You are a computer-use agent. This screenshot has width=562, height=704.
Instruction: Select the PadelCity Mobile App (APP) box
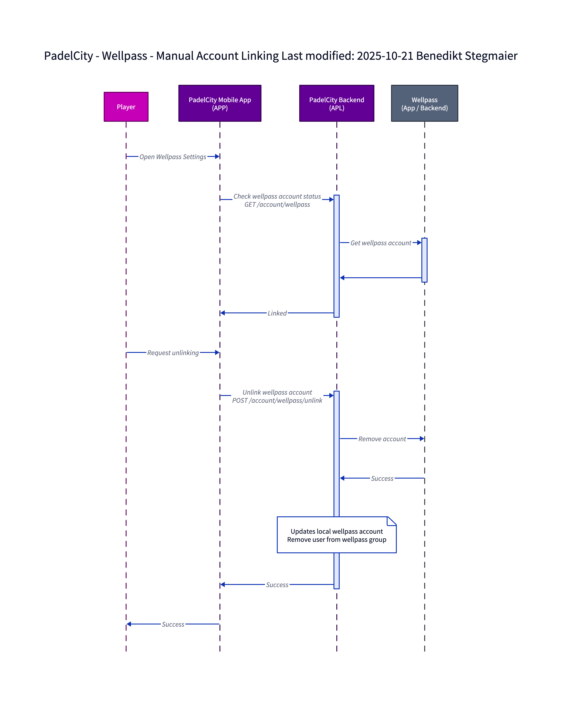coord(219,103)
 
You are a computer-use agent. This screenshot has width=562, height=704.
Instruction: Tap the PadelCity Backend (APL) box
coord(336,103)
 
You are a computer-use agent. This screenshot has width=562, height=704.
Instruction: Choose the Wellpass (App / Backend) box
coord(424,103)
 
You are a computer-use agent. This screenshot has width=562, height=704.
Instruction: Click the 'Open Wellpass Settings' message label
coord(173,157)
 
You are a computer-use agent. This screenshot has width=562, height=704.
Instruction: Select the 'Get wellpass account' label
coord(381,243)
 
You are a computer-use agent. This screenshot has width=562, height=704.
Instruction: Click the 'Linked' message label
coord(277,313)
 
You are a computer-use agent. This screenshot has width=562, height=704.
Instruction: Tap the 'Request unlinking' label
coord(173,353)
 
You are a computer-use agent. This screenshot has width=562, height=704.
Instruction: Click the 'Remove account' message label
coord(382,439)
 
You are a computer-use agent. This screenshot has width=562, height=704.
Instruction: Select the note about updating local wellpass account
coord(336,535)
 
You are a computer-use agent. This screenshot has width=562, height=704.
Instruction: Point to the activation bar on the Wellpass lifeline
coord(424,260)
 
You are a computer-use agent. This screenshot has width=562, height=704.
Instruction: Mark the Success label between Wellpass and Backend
coord(382,478)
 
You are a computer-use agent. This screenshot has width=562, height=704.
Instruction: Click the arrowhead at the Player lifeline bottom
coord(129,624)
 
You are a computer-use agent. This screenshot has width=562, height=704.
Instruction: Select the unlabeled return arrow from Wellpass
coord(381,278)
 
